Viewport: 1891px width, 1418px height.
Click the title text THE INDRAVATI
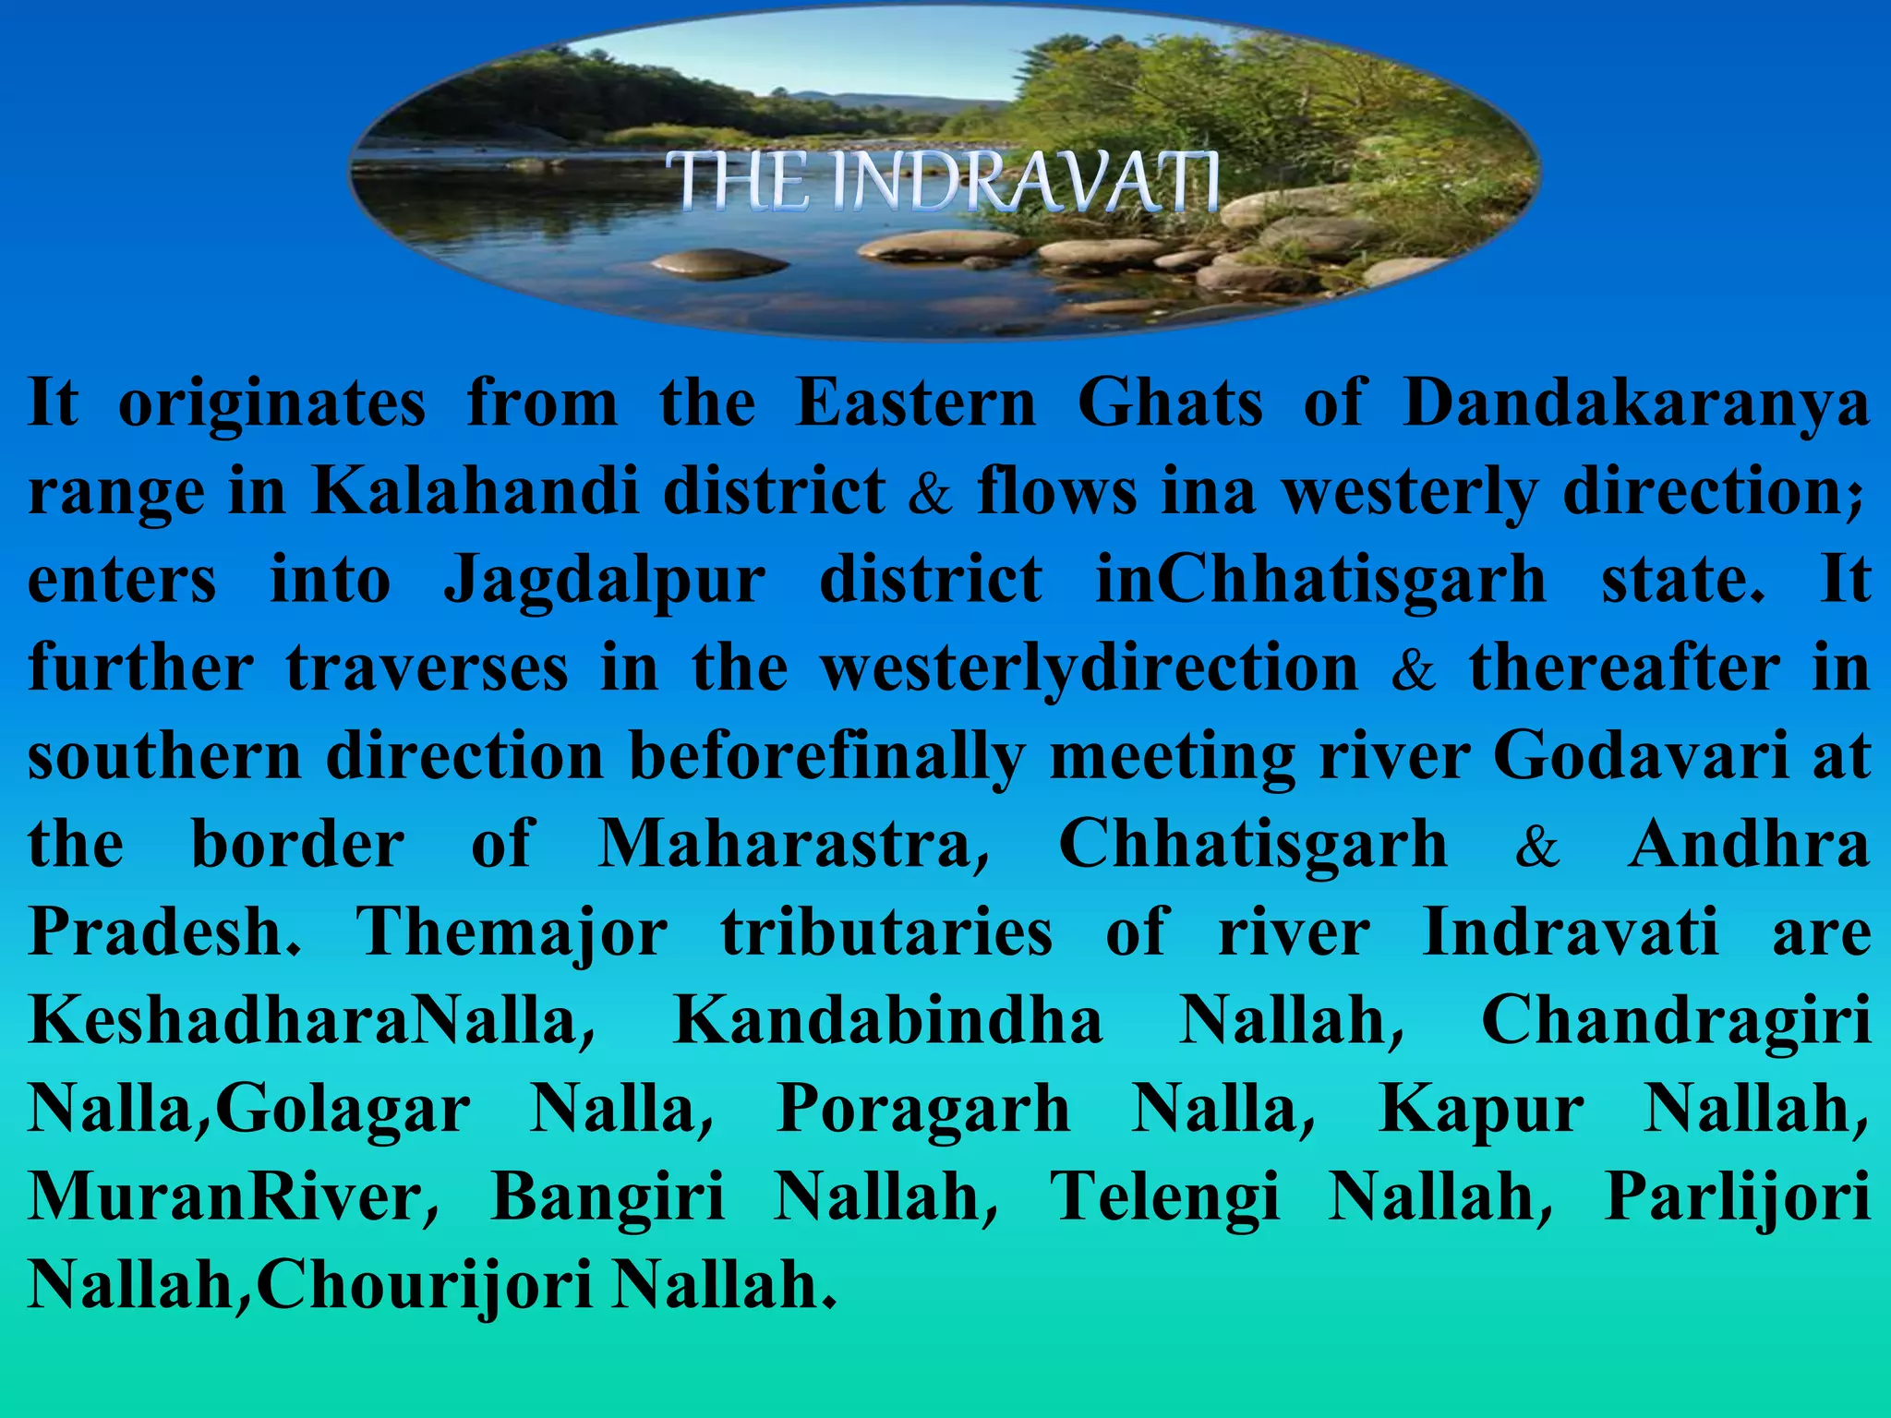click(x=944, y=182)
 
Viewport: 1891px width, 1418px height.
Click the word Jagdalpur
click(x=605, y=581)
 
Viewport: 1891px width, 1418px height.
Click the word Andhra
click(x=1749, y=844)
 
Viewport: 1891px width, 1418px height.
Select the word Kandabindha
click(x=888, y=1021)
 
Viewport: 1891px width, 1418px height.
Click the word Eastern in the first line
click(x=916, y=404)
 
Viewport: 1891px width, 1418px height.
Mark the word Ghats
click(x=1170, y=404)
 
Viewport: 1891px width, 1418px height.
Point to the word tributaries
click(x=886, y=932)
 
